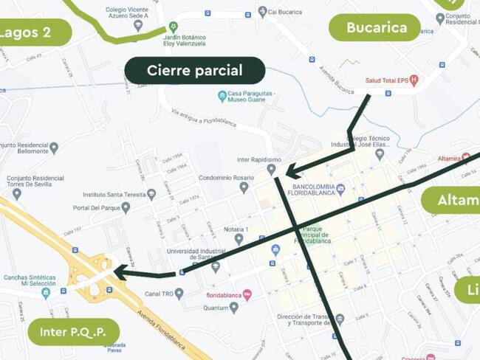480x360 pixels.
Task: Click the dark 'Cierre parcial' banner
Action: (194, 71)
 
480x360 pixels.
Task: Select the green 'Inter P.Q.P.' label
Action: (74, 331)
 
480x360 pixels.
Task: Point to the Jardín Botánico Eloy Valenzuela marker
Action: (174, 26)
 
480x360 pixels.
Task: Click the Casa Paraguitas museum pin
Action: (222, 96)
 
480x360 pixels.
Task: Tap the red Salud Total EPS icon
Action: (414, 80)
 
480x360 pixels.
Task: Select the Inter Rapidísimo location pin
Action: (271, 170)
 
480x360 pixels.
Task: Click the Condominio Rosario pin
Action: (244, 187)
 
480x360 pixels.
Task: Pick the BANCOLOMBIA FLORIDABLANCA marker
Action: (340, 190)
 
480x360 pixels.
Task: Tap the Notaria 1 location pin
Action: (239, 239)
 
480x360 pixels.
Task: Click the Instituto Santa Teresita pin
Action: (151, 195)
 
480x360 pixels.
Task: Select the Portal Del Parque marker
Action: (126, 208)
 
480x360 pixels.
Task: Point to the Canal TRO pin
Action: (179, 294)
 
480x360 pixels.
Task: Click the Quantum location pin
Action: (234, 307)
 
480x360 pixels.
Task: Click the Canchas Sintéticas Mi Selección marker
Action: (46, 293)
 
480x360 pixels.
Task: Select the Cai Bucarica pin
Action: (262, 12)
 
